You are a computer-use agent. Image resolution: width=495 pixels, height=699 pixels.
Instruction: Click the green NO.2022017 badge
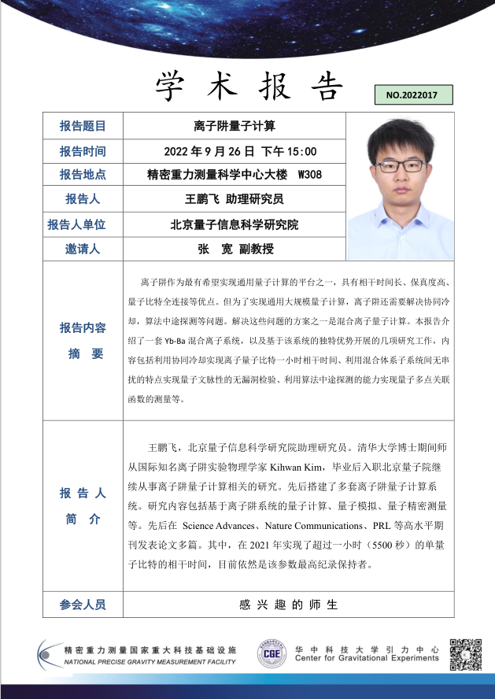pyautogui.click(x=414, y=95)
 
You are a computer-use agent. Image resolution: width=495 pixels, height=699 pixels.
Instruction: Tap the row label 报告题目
pyautogui.click(x=83, y=126)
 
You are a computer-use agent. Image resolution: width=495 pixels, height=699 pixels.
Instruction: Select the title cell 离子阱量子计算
pyautogui.click(x=234, y=126)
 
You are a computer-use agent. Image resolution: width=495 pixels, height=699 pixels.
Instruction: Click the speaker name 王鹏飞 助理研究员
pyautogui.click(x=234, y=199)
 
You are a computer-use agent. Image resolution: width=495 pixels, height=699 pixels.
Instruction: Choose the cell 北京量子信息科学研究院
pyautogui.click(x=234, y=224)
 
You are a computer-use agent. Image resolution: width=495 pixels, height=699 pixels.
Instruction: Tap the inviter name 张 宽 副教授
pyautogui.click(x=235, y=249)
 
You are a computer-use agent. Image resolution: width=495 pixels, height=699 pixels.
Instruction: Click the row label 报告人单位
pyautogui.click(x=83, y=224)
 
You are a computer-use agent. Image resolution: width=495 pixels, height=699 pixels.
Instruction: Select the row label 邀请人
pyautogui.click(x=83, y=249)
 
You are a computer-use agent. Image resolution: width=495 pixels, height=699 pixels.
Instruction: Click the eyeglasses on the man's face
pyautogui.click(x=391, y=166)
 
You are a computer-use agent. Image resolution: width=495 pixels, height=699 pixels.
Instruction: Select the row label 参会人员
pyautogui.click(x=83, y=605)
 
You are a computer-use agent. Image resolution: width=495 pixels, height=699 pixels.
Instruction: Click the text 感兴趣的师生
pyautogui.click(x=288, y=605)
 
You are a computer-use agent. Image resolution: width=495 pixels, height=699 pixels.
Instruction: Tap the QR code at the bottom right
pyautogui.click(x=465, y=655)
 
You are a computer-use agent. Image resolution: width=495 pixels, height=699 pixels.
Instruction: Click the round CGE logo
pyautogui.click(x=272, y=654)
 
